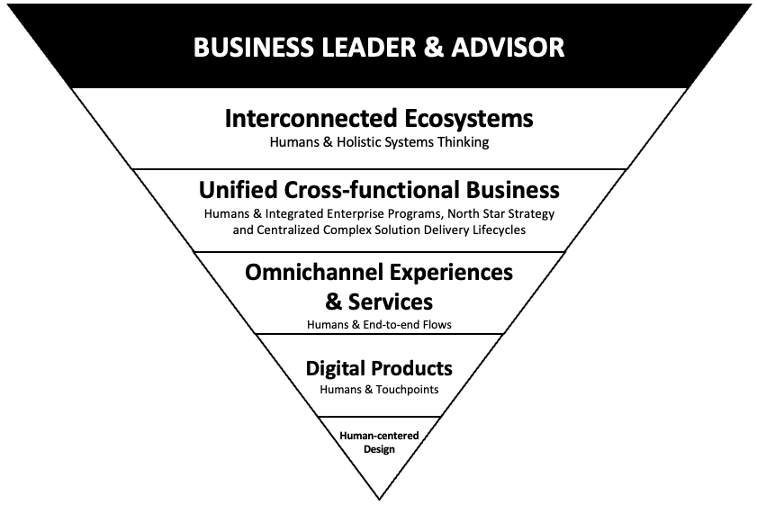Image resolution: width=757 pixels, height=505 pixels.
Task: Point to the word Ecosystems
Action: [x=465, y=118]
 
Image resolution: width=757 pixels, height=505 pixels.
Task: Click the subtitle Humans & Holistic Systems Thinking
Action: [x=379, y=141]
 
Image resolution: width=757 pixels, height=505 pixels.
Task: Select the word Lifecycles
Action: [x=500, y=230]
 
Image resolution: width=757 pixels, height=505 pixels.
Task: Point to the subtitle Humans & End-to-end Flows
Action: [x=379, y=324]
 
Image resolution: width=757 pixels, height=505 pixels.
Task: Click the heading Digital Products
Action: [x=379, y=367]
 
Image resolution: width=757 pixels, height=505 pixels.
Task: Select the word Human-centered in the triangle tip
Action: [x=379, y=436]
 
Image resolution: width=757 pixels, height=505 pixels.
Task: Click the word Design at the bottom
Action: [x=379, y=448]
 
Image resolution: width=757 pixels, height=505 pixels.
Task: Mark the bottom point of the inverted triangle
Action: [x=379, y=498]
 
